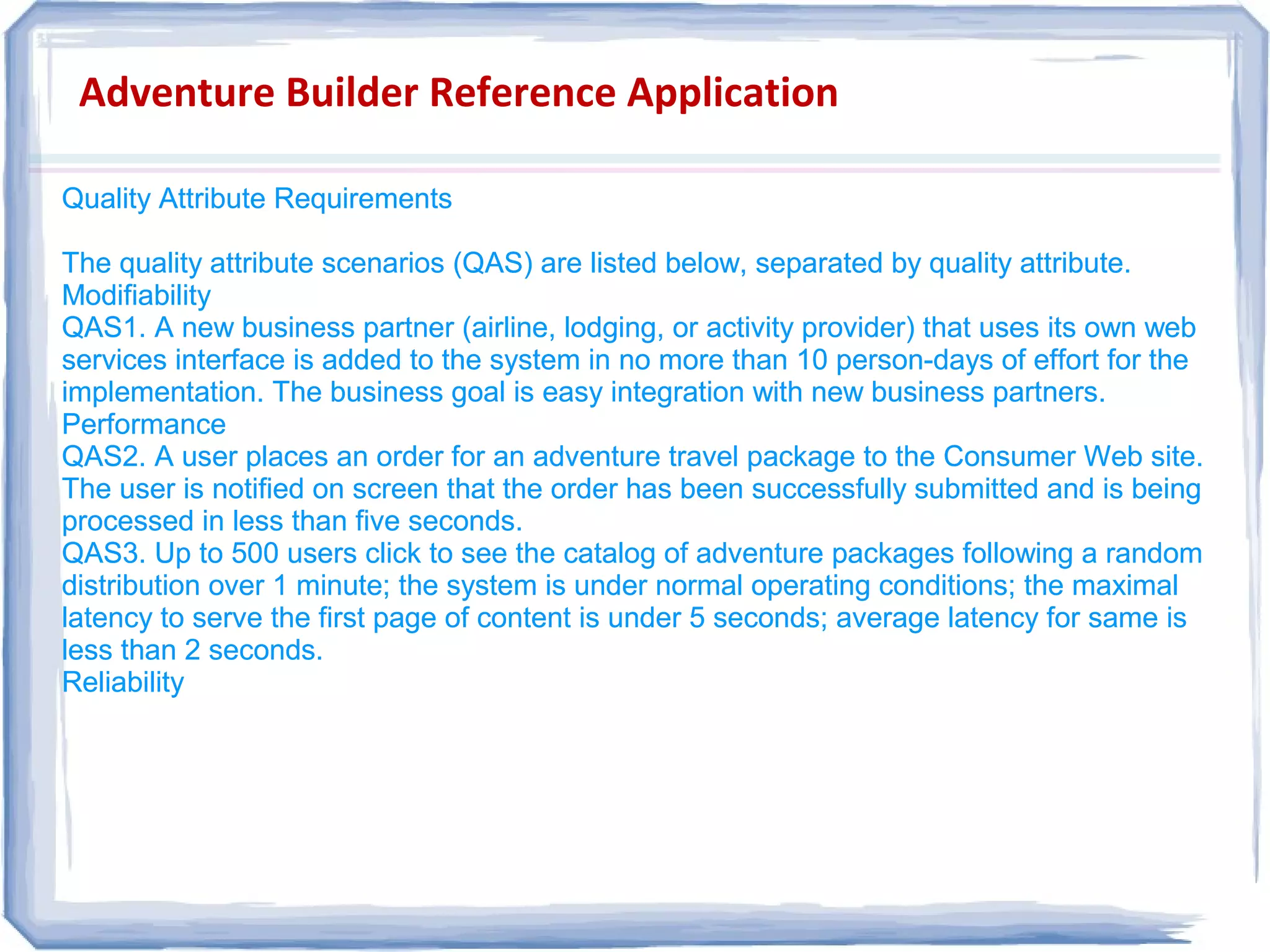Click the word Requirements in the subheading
pos(363,199)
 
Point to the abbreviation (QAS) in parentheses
pos(493,264)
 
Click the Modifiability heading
pos(136,296)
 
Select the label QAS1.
pos(103,328)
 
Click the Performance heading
pos(144,425)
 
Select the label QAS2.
pos(103,457)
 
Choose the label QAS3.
pos(103,554)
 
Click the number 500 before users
pos(255,554)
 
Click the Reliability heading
pos(123,683)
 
